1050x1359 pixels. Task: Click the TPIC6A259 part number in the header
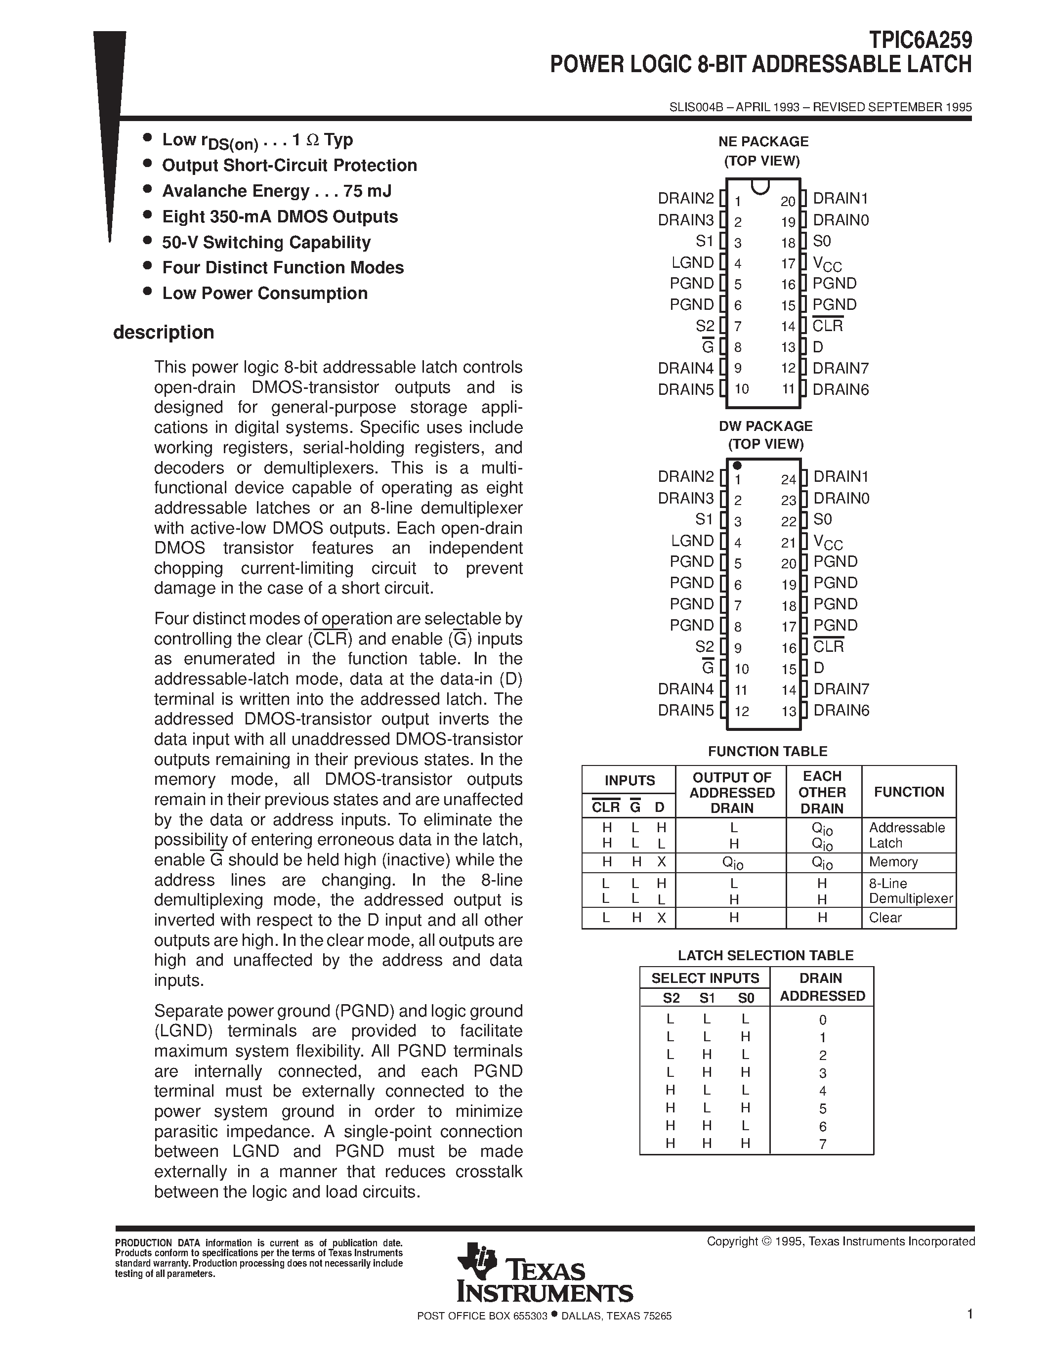click(920, 41)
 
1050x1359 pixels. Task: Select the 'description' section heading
click(164, 332)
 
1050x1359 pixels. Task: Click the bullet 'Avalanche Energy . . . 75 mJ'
click(277, 191)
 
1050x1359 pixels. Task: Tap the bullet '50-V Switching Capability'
click(266, 242)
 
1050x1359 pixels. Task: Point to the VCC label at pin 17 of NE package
click(827, 264)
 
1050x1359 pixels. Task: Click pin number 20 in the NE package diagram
click(788, 201)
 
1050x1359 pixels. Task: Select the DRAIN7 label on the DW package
click(841, 689)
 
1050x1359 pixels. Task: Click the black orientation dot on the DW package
click(737, 466)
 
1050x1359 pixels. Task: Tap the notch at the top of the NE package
click(760, 186)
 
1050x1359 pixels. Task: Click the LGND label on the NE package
click(692, 262)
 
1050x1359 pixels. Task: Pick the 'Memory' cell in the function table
click(893, 862)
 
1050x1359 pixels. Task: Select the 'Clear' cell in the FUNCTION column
click(884, 918)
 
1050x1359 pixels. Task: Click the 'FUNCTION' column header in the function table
click(909, 792)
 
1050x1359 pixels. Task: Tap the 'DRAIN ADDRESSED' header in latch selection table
click(822, 987)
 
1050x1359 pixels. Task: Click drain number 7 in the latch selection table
click(822, 1144)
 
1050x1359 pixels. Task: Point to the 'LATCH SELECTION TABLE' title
click(765, 955)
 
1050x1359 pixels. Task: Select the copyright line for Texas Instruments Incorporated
click(840, 1241)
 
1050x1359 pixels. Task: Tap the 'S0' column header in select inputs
click(745, 998)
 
